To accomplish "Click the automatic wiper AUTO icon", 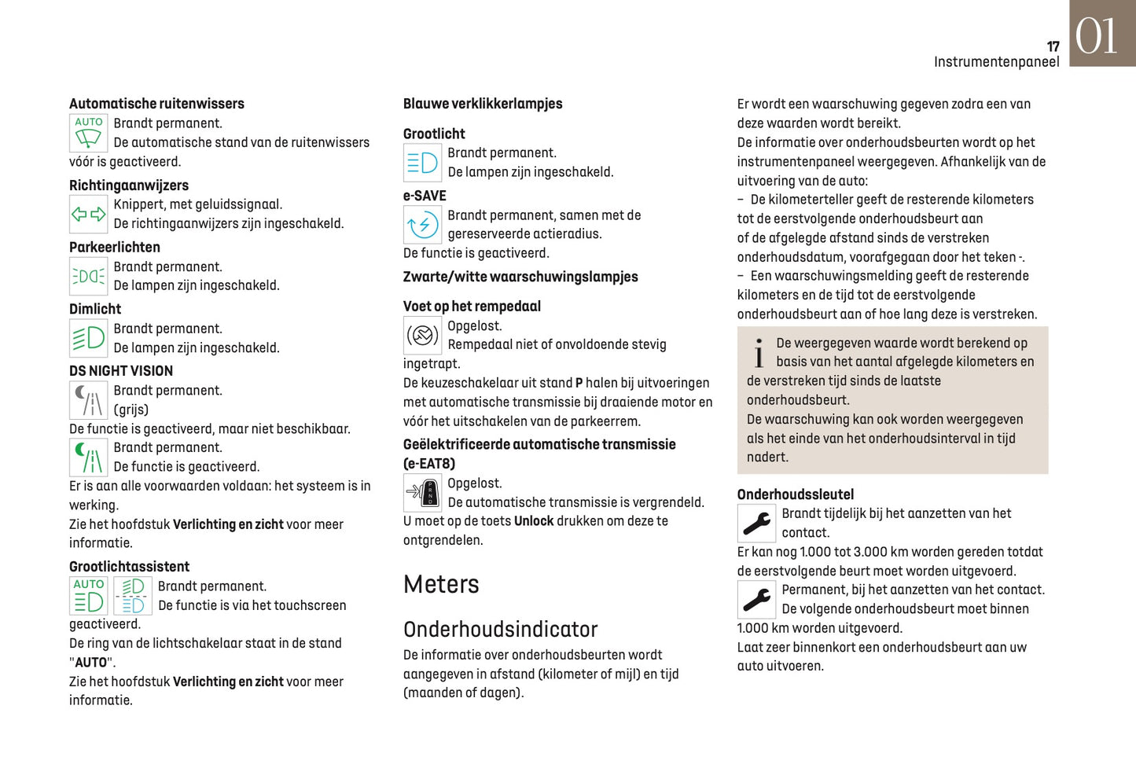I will point(88,133).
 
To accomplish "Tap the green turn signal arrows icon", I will point(88,214).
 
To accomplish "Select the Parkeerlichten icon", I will point(88,276).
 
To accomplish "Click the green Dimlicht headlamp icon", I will point(88,338).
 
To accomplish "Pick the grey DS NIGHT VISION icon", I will point(88,399).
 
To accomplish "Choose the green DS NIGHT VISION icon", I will point(88,457).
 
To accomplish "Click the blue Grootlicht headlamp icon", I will point(422,163).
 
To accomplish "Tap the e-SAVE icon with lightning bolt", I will point(422,225).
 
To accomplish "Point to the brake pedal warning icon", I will point(422,336).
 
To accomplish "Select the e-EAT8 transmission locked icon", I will point(422,493).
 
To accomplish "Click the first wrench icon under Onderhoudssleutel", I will point(756,523).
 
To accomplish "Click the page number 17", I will point(1053,46).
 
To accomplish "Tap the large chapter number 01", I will point(1096,35).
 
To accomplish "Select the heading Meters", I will point(441,584).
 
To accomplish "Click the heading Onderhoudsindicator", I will point(500,629).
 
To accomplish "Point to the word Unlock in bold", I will point(534,521).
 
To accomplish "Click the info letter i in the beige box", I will point(758,354).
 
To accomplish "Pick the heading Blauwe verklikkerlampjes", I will point(482,104).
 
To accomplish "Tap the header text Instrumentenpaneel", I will point(996,62).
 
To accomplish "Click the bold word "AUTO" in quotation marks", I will point(90,663).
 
